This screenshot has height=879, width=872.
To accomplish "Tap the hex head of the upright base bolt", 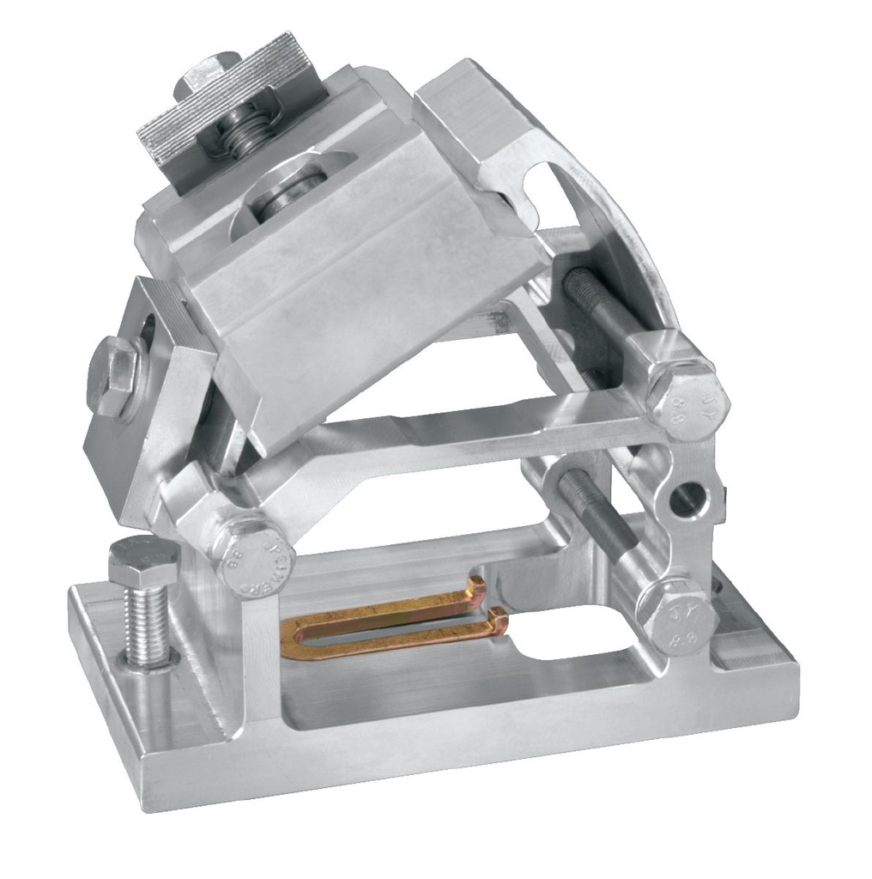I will (x=142, y=560).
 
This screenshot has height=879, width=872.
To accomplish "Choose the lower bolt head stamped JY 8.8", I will (x=680, y=615).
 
